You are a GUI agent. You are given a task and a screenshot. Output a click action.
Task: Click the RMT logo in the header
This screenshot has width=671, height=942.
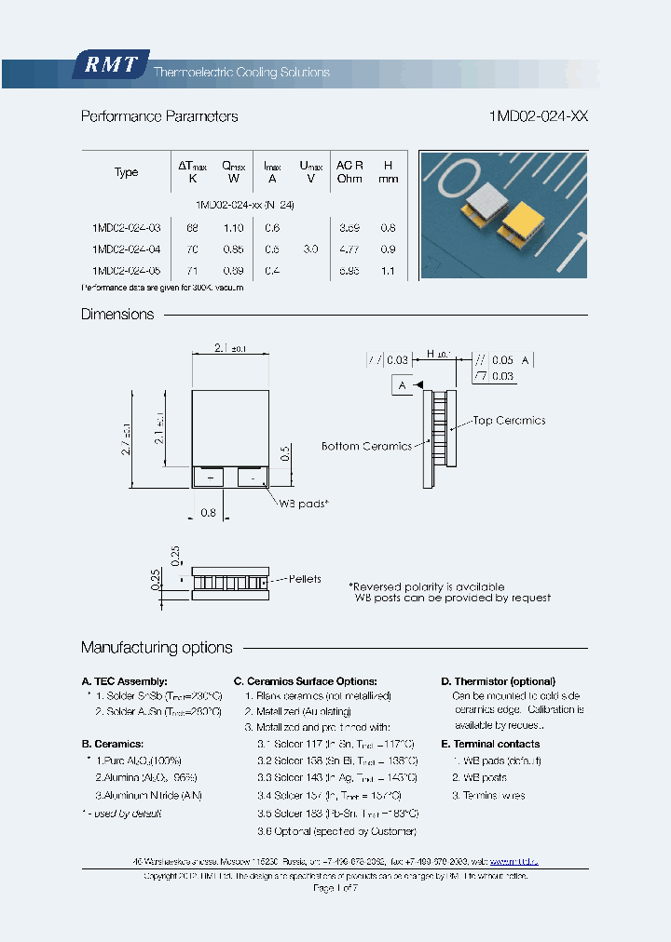tap(111, 65)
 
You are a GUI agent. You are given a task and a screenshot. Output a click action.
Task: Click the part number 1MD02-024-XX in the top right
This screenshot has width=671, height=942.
tap(538, 116)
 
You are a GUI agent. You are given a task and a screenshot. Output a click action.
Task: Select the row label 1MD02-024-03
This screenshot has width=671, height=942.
tap(126, 228)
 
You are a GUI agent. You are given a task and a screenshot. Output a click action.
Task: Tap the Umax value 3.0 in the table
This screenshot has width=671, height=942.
tap(310, 249)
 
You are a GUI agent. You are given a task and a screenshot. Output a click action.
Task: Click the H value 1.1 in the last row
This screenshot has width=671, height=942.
tap(389, 271)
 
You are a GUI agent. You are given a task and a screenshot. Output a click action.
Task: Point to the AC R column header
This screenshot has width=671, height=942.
tap(349, 171)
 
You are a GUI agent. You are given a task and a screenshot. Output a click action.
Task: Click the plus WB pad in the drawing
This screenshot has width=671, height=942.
tap(209, 478)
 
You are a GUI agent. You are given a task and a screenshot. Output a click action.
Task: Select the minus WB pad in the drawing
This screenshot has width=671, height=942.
tap(252, 478)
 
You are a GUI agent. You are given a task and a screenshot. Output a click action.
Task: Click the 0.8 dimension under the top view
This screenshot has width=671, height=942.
tap(209, 513)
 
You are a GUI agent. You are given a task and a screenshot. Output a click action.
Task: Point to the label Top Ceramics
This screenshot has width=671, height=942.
tap(508, 421)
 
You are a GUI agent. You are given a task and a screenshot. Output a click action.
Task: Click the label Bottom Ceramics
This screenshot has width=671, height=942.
tap(366, 447)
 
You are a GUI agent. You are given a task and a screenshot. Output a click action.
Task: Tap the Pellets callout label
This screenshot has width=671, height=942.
tap(304, 579)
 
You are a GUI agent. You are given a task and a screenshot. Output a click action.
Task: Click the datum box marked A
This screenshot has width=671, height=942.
tap(402, 384)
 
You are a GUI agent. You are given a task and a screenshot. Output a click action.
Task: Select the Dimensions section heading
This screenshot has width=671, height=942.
tap(117, 315)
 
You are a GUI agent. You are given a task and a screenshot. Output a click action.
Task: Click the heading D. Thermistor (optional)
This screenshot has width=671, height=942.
tap(498, 681)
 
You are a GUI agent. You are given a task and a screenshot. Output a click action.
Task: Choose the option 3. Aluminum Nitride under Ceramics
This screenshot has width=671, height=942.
tap(148, 795)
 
